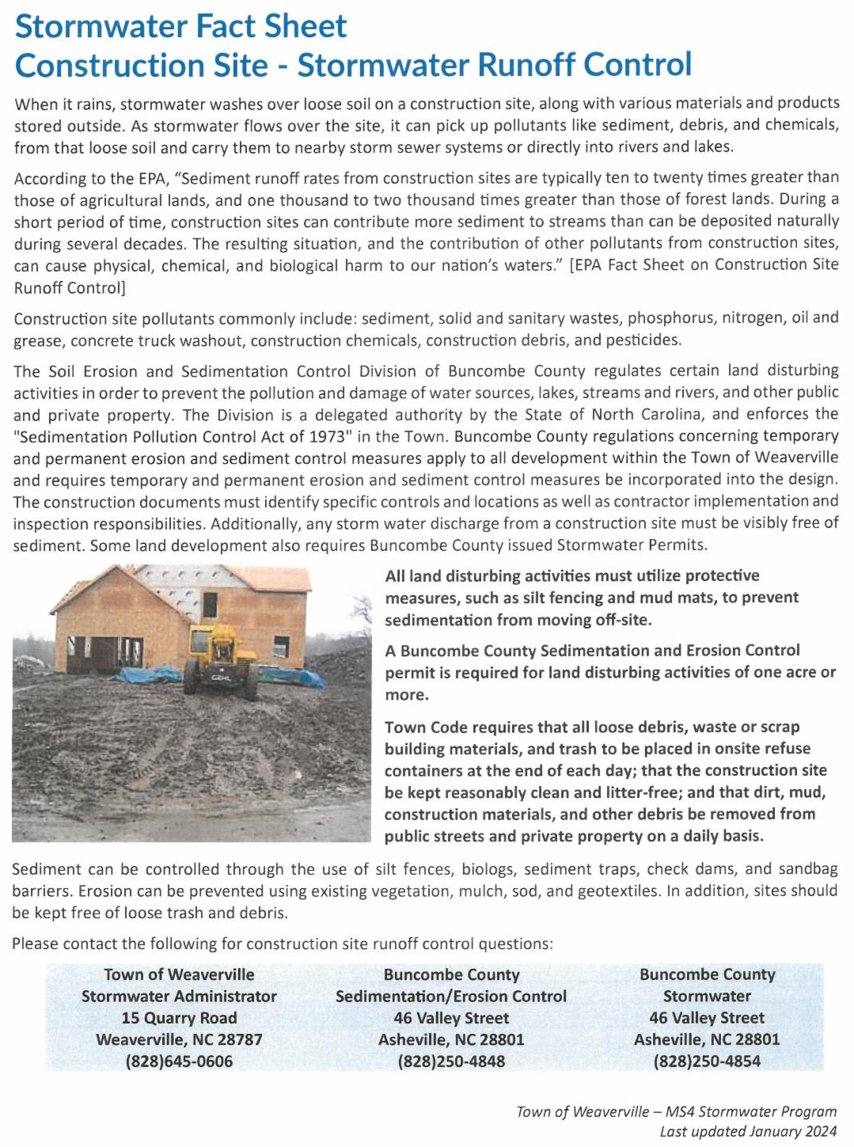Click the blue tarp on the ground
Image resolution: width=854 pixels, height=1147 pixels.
tap(150, 675)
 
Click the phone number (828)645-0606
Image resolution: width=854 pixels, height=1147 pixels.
tap(179, 1062)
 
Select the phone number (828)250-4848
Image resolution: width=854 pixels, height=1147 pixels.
tap(451, 1062)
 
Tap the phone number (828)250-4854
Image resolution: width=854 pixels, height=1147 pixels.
tap(707, 1062)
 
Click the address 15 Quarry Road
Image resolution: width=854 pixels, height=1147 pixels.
tap(179, 1018)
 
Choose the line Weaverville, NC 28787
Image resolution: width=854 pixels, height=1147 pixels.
tap(179, 1039)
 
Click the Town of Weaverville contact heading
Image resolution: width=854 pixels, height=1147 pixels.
tap(179, 974)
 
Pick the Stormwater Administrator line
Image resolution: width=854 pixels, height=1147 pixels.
tap(179, 996)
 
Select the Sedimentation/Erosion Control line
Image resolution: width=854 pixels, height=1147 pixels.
tap(451, 996)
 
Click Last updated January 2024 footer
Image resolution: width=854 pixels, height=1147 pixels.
tap(748, 1132)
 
